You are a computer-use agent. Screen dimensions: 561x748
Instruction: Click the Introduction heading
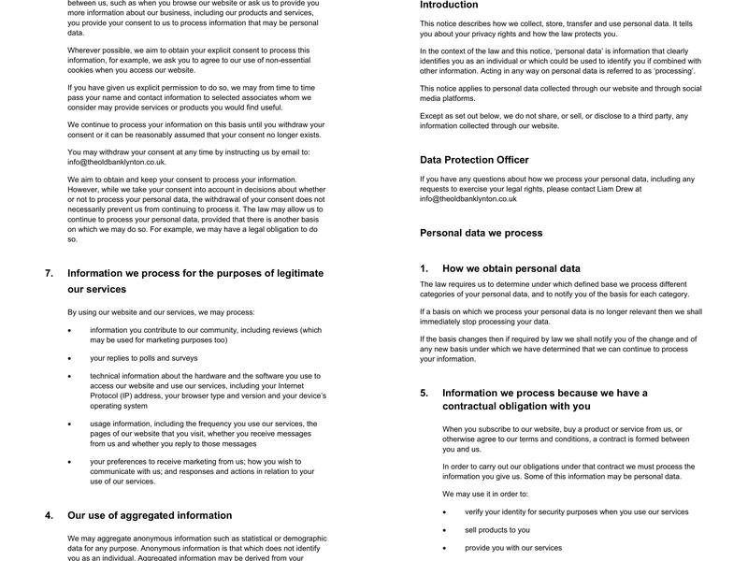[x=449, y=6]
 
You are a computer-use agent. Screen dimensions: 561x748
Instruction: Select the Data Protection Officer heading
[x=474, y=160]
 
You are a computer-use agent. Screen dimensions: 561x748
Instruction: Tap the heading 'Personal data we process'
[x=481, y=233]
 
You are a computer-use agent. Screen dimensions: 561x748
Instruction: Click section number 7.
[x=49, y=274]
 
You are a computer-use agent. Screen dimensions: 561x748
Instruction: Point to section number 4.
[x=49, y=515]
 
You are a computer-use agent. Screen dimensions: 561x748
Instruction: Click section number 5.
[x=424, y=394]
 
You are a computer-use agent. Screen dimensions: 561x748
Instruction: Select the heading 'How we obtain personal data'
[x=511, y=268]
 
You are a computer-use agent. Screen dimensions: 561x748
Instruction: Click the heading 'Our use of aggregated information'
[x=150, y=515]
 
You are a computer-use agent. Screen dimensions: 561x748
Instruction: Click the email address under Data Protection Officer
[x=468, y=199]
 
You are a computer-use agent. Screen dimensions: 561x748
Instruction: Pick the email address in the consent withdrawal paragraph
[x=117, y=162]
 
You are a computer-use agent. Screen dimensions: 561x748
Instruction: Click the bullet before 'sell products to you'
[x=445, y=530]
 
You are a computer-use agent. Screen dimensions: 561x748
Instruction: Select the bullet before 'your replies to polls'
[x=70, y=358]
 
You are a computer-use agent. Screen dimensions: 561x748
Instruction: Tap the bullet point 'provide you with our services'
[x=512, y=548]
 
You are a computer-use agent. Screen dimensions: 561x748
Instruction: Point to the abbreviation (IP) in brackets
[x=130, y=396]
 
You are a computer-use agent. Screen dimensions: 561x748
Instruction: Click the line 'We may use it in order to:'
[x=485, y=494]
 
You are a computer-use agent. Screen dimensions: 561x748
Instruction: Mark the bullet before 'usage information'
[x=70, y=424]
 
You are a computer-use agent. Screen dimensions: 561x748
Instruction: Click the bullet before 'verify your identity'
[x=445, y=512]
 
